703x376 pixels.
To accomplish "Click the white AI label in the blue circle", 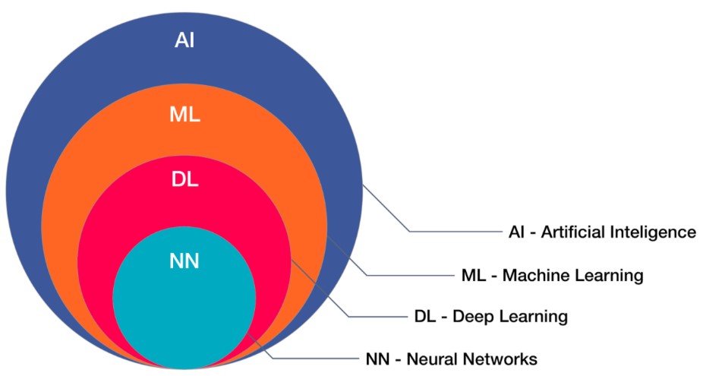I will tap(184, 39).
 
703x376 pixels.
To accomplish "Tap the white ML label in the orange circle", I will tap(184, 115).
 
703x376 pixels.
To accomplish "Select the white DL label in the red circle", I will tap(184, 180).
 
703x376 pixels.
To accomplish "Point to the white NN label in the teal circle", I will tap(184, 261).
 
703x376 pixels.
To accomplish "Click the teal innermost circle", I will tap(184, 311).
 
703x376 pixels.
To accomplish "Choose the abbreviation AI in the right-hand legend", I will tap(516, 232).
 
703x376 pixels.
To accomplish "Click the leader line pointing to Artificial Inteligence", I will tap(456, 231).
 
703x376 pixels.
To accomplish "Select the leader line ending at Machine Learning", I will tap(410, 274).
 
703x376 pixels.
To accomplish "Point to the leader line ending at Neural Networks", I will tap(319, 357).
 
